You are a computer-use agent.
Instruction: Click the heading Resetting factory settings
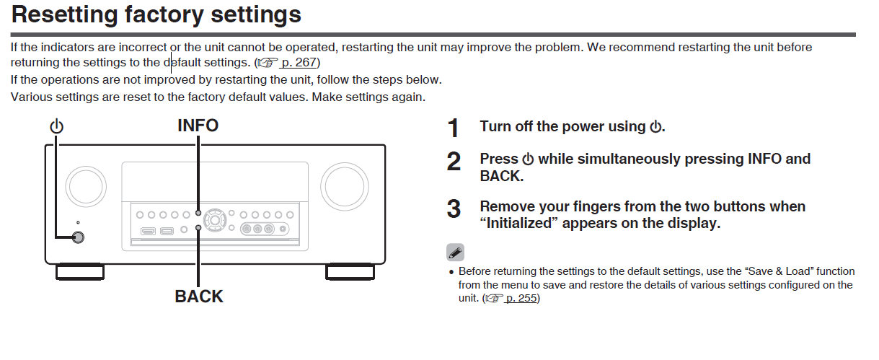click(x=156, y=15)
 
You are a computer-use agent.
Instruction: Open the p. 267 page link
click(x=299, y=63)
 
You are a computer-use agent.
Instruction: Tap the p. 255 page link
click(x=521, y=298)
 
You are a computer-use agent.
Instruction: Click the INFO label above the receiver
click(x=198, y=126)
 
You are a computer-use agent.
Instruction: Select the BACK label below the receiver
click(x=199, y=297)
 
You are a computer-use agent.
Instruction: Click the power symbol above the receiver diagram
click(x=56, y=126)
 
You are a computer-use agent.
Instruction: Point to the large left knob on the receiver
click(x=86, y=186)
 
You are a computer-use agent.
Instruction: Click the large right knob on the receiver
click(x=345, y=186)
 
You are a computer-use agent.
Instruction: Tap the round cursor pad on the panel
click(x=215, y=220)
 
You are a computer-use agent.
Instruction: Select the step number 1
click(x=454, y=128)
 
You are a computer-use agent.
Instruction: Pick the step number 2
click(x=454, y=162)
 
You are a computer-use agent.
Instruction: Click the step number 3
click(x=454, y=208)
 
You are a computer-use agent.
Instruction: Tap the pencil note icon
click(x=455, y=253)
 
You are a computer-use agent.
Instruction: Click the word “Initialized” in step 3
click(x=518, y=223)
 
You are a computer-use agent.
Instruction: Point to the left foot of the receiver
click(x=79, y=272)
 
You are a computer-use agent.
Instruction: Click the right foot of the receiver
click(x=350, y=272)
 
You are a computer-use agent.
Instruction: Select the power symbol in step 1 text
click(x=655, y=127)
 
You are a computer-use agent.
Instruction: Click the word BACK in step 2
click(x=501, y=176)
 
